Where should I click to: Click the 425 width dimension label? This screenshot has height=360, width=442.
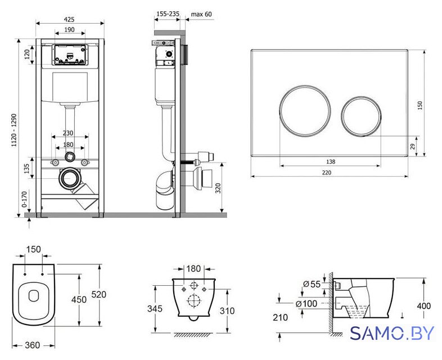(x=69, y=19)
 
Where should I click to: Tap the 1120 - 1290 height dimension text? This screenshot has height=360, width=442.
(x=14, y=130)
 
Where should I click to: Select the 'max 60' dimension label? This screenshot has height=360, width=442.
(x=201, y=14)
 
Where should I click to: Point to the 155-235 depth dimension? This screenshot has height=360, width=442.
(x=168, y=14)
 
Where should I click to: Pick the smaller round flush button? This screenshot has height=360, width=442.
(x=361, y=116)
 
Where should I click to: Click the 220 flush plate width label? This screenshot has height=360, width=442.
(x=326, y=172)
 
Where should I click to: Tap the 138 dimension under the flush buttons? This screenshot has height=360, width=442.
(x=330, y=161)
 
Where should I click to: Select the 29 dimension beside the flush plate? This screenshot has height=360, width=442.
(x=413, y=146)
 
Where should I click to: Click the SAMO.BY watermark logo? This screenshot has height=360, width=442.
(x=392, y=334)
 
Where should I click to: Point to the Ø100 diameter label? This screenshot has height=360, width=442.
(x=306, y=304)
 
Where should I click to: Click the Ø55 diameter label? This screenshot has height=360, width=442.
(x=312, y=284)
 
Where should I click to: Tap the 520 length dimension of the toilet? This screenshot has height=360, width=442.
(x=98, y=295)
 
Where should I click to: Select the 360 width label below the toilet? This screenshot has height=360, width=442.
(x=33, y=345)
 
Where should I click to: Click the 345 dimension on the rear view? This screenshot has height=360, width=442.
(x=155, y=309)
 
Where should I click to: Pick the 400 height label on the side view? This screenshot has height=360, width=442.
(x=423, y=306)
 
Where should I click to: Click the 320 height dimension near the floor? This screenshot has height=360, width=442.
(x=218, y=188)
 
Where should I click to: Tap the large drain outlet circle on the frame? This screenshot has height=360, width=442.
(x=68, y=178)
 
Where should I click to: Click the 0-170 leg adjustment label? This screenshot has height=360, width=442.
(x=24, y=199)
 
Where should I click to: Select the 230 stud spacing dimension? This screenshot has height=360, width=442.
(x=68, y=133)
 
